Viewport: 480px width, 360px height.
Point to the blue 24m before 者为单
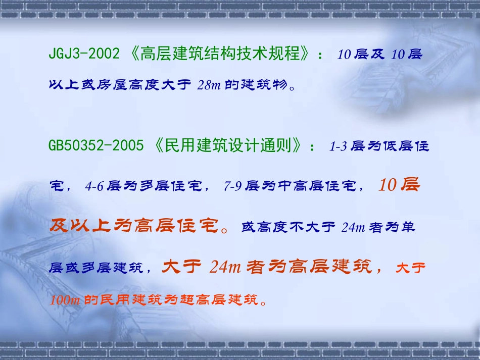pos(353,227)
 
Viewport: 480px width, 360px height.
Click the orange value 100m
pos(65,300)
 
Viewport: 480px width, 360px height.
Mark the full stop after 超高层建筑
pos(263,303)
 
